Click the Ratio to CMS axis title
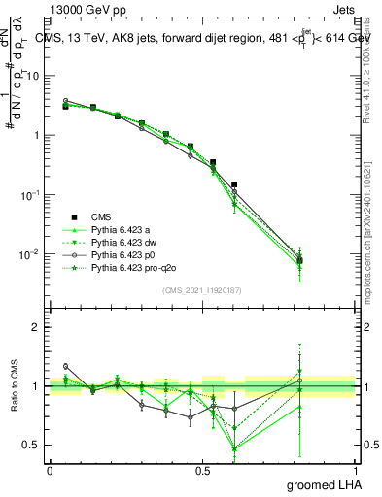[x=13, y=385]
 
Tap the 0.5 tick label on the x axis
[x=202, y=470]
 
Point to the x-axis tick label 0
[x=50, y=470]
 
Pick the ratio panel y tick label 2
[x=36, y=327]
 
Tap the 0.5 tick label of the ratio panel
[x=32, y=446]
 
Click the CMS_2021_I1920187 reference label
[x=202, y=290]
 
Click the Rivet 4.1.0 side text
[x=366, y=68]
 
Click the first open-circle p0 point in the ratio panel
[x=65, y=366]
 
